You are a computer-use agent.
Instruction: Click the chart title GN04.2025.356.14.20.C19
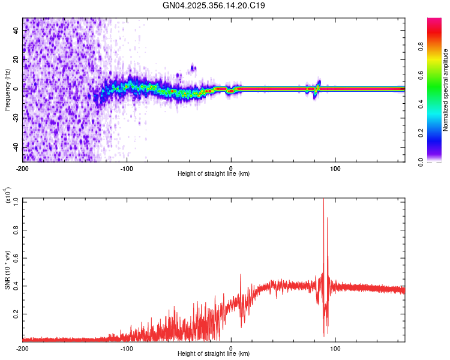click(214, 5)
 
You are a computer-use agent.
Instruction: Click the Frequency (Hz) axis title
click(7, 89)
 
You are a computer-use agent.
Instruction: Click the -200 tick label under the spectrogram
click(23, 167)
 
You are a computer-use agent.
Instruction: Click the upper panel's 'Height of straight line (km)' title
click(214, 174)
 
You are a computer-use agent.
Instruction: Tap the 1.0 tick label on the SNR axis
click(16, 201)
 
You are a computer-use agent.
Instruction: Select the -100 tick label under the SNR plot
click(127, 348)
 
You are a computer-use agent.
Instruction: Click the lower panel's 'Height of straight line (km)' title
click(214, 354)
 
